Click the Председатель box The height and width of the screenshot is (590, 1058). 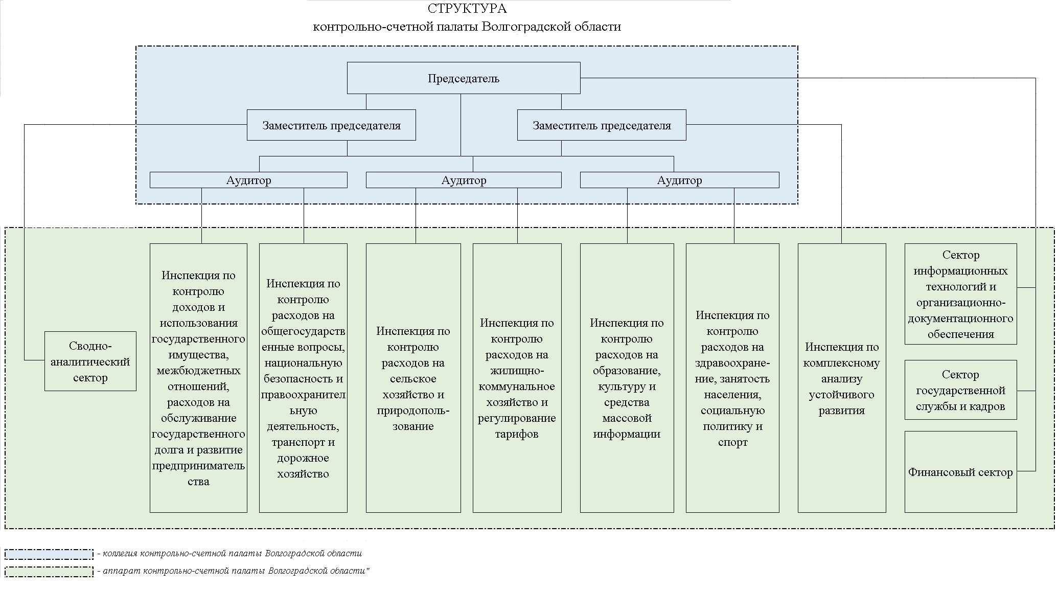click(464, 78)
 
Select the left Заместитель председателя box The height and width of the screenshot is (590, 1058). click(331, 125)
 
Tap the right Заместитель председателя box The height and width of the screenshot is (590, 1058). click(602, 125)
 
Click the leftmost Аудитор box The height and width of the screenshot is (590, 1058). click(248, 180)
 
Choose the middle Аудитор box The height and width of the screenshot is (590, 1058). click(464, 180)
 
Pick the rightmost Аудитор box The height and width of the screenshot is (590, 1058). click(680, 180)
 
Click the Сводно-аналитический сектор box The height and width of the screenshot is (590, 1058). click(90, 361)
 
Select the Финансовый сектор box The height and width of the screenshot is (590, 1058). click(961, 472)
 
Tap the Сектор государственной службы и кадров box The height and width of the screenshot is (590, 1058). click(961, 390)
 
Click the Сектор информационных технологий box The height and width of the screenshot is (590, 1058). click(961, 294)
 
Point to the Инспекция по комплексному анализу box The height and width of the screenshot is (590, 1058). click(842, 378)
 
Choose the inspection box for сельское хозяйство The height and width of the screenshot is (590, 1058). click(413, 378)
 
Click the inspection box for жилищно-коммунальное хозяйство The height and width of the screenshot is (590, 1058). click(517, 378)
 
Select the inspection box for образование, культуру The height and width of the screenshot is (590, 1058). click(627, 378)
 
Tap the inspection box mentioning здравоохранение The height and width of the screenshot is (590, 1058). click(732, 378)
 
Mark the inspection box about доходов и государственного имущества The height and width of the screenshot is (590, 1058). click(198, 378)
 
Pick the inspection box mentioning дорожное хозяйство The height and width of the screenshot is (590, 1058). click(303, 378)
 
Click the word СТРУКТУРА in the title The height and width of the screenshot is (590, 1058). click(467, 9)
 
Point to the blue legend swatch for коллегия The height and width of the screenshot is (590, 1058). click(49, 554)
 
